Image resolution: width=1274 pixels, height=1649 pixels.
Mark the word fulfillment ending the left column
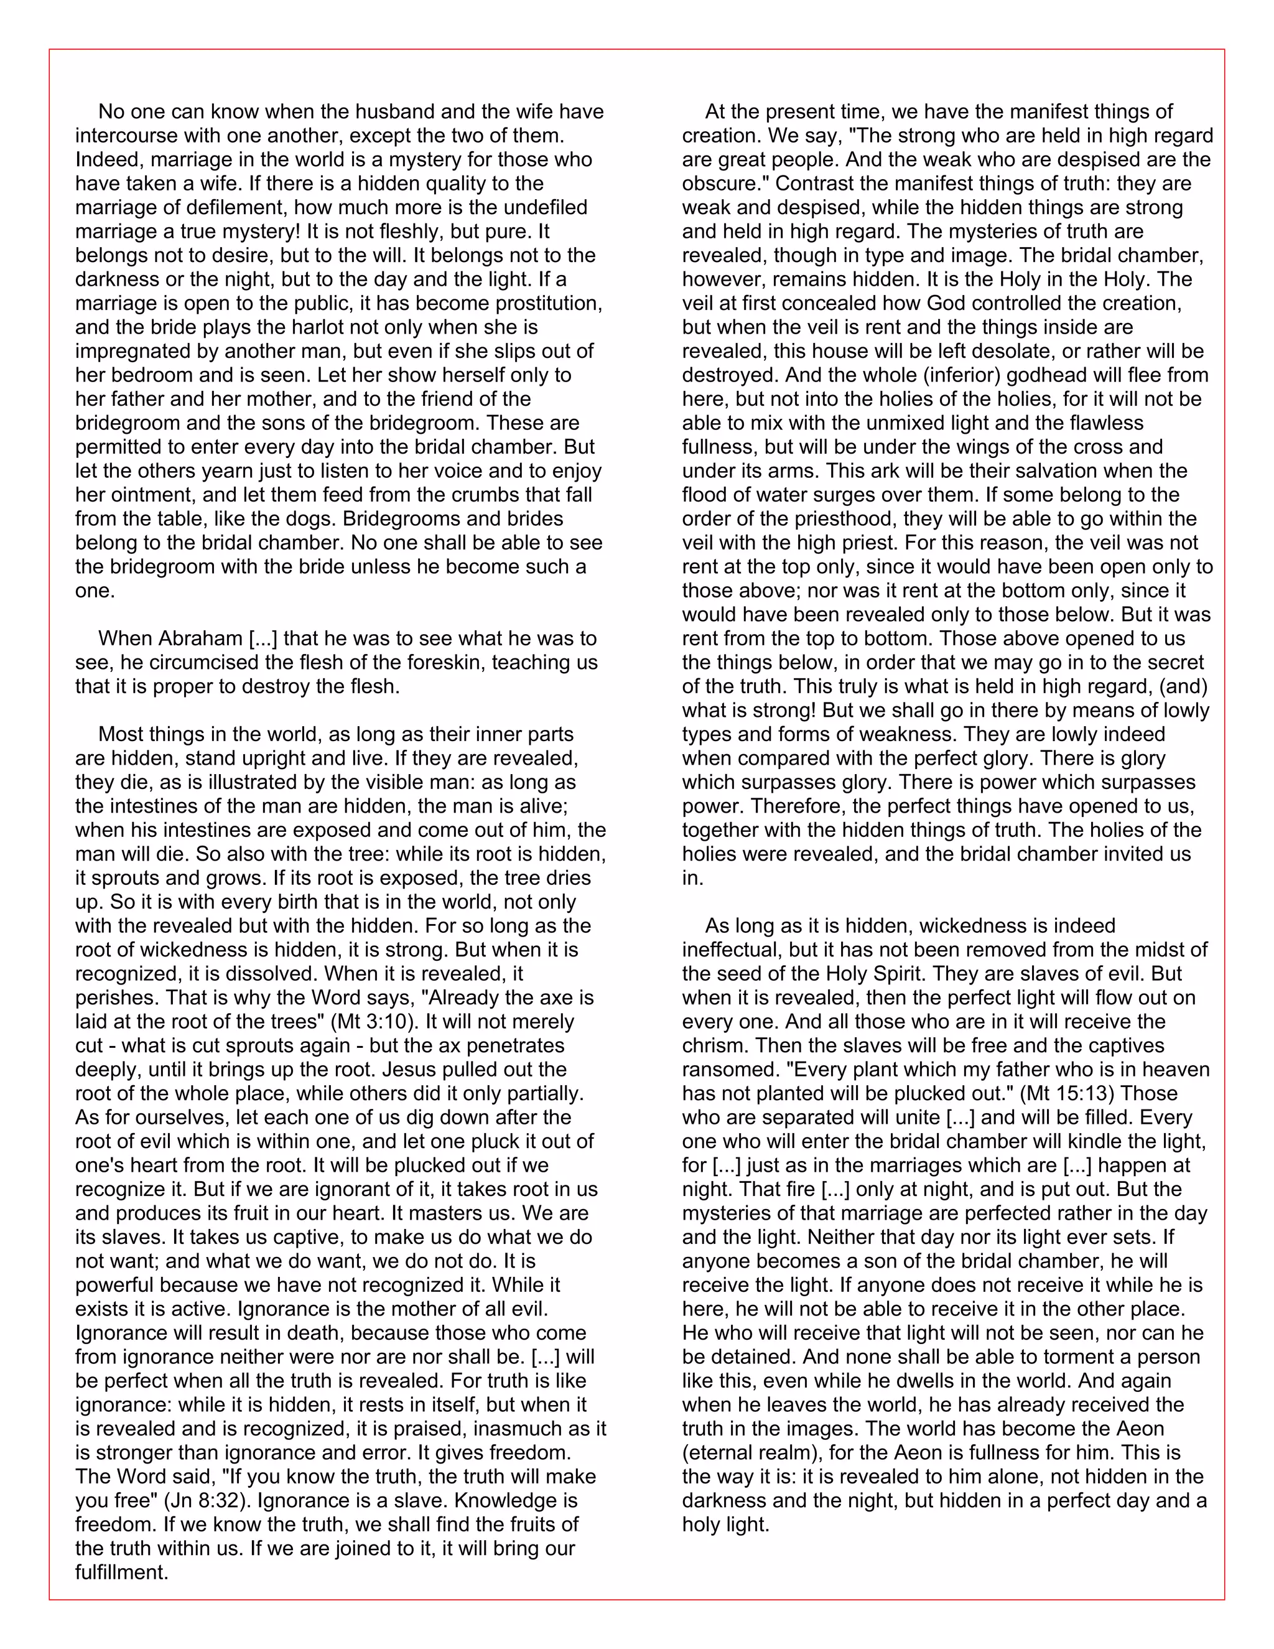pyautogui.click(x=121, y=1572)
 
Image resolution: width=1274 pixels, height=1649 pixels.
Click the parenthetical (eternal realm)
pyautogui.click(x=754, y=1453)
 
